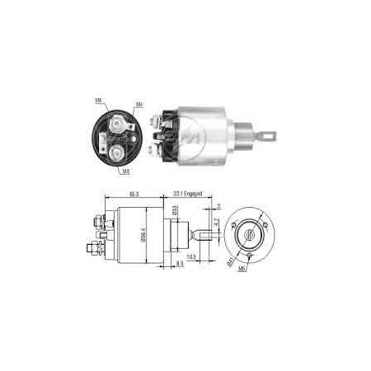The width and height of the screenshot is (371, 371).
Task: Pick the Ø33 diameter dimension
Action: (176, 211)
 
